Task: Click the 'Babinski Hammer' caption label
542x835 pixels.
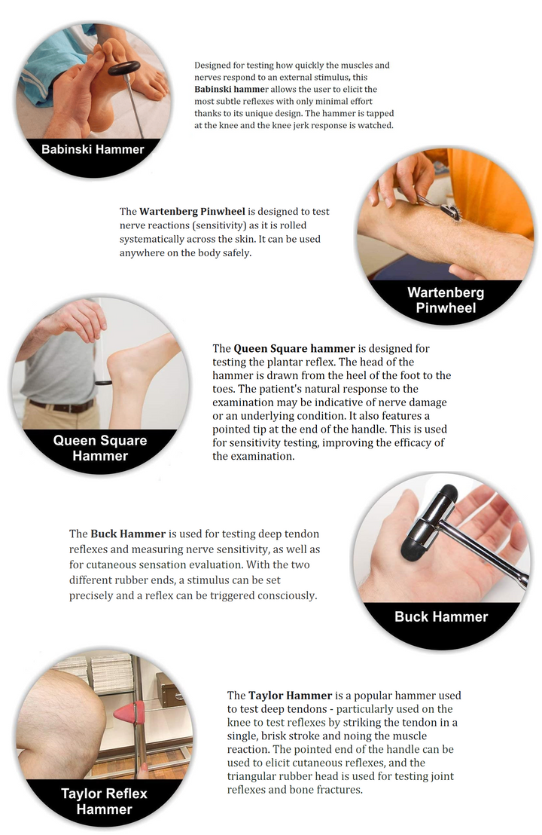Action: pyautogui.click(x=93, y=150)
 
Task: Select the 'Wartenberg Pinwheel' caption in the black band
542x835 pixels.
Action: pyautogui.click(x=446, y=300)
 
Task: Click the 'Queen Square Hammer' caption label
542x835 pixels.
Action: pyautogui.click(x=100, y=448)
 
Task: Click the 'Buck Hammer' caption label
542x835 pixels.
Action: pyautogui.click(x=441, y=616)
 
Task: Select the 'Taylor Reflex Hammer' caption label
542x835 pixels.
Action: pyautogui.click(x=104, y=801)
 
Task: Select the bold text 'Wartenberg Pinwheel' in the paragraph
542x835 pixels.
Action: pyautogui.click(x=192, y=212)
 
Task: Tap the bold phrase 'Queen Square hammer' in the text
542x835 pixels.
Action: pyautogui.click(x=294, y=349)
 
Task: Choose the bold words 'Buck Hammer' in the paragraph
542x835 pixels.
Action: pyautogui.click(x=128, y=534)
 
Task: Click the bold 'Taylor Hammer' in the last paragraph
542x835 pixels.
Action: pyautogui.click(x=291, y=696)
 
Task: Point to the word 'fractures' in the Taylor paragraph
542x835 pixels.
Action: pyautogui.click(x=338, y=790)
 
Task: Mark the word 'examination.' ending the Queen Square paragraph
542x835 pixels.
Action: pyautogui.click(x=253, y=457)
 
